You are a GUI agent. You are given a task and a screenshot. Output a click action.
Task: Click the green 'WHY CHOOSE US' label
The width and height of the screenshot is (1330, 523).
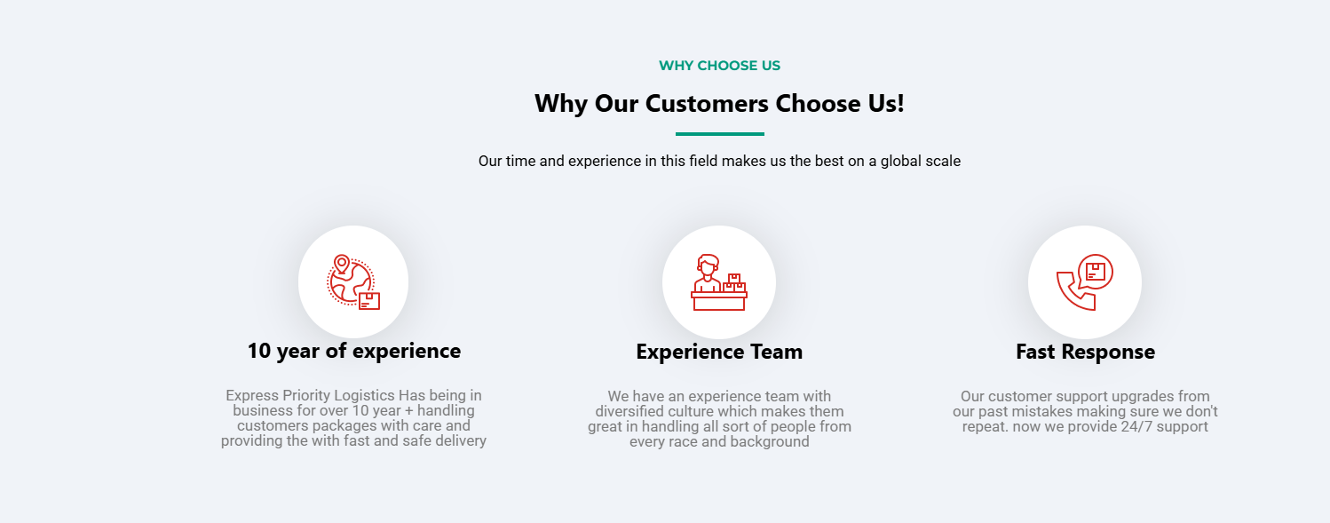(x=719, y=66)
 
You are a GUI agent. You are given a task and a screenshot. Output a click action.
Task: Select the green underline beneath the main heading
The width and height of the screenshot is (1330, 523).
(x=720, y=133)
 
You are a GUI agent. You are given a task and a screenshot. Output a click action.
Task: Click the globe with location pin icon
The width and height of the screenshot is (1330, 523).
(x=353, y=282)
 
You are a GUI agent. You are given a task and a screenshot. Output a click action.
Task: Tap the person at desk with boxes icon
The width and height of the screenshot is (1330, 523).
(x=719, y=282)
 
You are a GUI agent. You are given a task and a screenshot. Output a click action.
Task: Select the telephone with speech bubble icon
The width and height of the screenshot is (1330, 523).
(x=1085, y=282)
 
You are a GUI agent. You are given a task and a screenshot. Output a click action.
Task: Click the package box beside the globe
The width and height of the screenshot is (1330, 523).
(x=369, y=301)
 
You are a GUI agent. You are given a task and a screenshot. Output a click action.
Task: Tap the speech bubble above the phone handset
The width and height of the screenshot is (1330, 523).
(x=1096, y=272)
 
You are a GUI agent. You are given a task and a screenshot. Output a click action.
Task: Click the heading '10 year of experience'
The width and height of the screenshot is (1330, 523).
(x=354, y=351)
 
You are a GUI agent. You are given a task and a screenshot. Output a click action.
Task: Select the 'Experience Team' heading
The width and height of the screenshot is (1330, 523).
(x=719, y=352)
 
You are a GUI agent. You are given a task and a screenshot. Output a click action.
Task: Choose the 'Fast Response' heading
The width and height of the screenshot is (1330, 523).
(x=1085, y=352)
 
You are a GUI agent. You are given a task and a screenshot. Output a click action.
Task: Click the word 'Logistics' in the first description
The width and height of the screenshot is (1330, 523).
(x=364, y=395)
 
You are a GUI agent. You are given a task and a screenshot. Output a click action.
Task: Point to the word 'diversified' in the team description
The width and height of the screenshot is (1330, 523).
(x=629, y=411)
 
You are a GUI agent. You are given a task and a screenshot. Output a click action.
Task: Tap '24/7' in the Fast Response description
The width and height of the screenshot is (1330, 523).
(x=1138, y=427)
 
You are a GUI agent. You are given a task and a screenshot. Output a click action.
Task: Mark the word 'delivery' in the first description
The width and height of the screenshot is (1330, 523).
(x=461, y=441)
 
